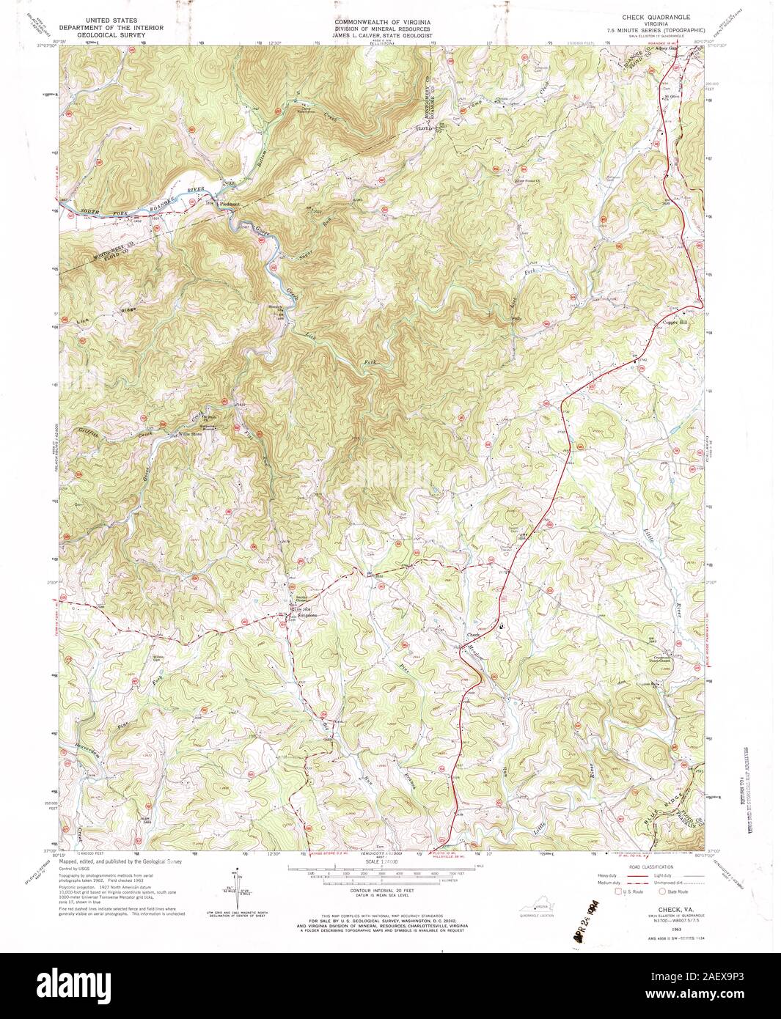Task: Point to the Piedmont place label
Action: (225, 205)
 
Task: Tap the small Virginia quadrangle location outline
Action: (543, 909)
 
